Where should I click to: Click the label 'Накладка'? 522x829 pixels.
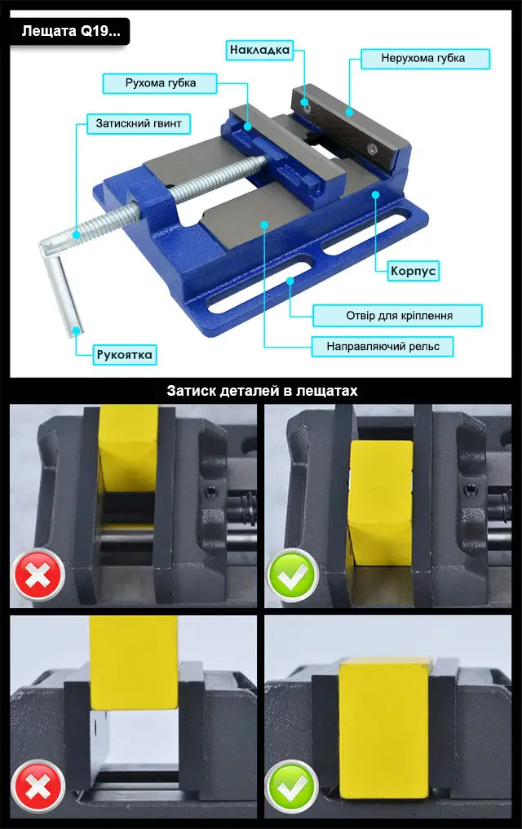[x=259, y=51]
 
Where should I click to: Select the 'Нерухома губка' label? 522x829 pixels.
[x=425, y=58]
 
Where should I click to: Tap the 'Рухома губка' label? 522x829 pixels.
[x=160, y=83]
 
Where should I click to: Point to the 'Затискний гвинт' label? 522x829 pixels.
[x=139, y=124]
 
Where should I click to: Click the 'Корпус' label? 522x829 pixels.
[x=414, y=271]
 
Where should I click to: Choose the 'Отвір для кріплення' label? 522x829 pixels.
[x=397, y=316]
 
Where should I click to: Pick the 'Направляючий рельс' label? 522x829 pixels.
[x=383, y=346]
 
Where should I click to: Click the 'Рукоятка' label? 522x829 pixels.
[x=124, y=354]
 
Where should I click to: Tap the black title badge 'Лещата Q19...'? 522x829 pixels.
[x=70, y=32]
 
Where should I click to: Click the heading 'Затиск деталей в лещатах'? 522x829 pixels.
[x=262, y=391]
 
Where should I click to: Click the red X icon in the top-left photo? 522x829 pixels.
[x=38, y=575]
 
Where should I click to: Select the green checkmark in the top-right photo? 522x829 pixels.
[x=293, y=575]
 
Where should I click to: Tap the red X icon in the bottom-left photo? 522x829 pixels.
[x=38, y=787]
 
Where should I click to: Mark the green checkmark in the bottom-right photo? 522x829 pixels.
[x=293, y=787]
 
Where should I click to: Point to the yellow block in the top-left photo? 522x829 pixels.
[x=128, y=447]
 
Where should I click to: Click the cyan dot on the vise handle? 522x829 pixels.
[x=77, y=330]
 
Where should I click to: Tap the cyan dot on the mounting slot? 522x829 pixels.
[x=290, y=281]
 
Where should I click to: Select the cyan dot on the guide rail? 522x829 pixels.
[x=264, y=224]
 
